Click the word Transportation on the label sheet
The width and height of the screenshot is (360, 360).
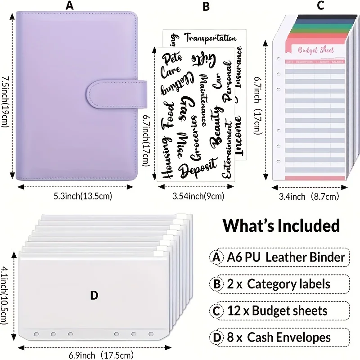[x=211, y=38]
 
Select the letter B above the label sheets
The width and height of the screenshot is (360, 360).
[x=206, y=7]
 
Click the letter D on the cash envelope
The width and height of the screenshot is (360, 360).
[x=94, y=295]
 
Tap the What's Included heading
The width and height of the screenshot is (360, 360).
[x=281, y=225]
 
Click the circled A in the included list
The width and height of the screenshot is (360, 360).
[x=217, y=257]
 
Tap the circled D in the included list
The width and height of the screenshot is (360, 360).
[x=217, y=337]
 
